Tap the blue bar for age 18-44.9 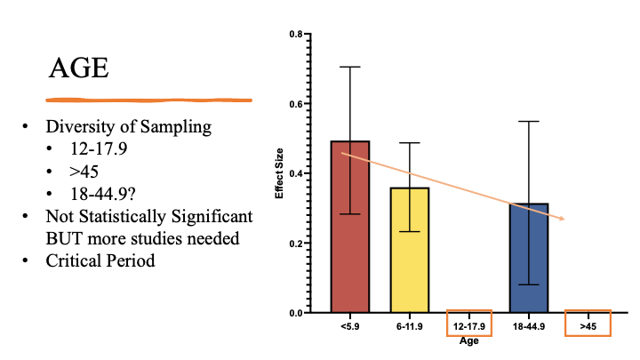[530, 267]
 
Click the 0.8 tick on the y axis [296, 34]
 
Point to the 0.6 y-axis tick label [296, 104]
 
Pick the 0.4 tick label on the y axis [296, 173]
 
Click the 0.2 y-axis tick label [296, 244]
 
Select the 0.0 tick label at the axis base [296, 313]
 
